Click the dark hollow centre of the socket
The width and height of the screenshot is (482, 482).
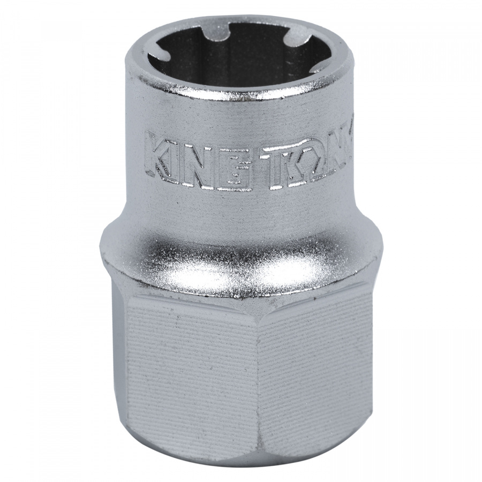241,59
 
